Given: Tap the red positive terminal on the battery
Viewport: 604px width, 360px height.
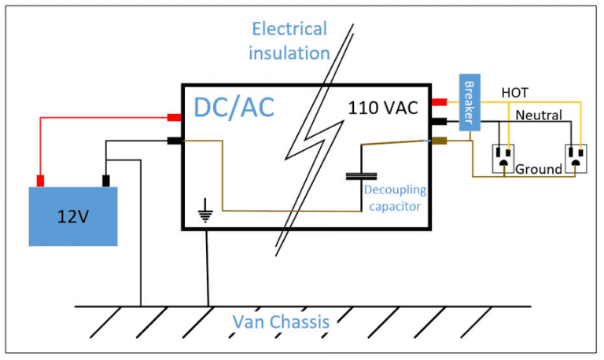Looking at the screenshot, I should click(x=40, y=180).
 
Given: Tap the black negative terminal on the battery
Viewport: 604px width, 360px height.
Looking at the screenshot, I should click(x=105, y=181).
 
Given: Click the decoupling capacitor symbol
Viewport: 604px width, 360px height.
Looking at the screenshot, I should click(x=361, y=176).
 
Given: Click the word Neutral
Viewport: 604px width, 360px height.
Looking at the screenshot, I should click(x=539, y=116).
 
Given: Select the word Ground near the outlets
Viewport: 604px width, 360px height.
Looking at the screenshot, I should click(x=540, y=169).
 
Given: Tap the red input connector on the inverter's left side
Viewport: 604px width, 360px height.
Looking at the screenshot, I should click(x=174, y=119).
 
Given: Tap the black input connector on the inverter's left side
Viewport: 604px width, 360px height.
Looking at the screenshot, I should click(x=174, y=141).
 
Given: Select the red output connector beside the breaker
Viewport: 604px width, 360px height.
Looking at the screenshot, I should click(x=439, y=101).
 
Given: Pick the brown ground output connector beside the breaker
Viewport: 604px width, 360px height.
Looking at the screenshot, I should click(x=439, y=141).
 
